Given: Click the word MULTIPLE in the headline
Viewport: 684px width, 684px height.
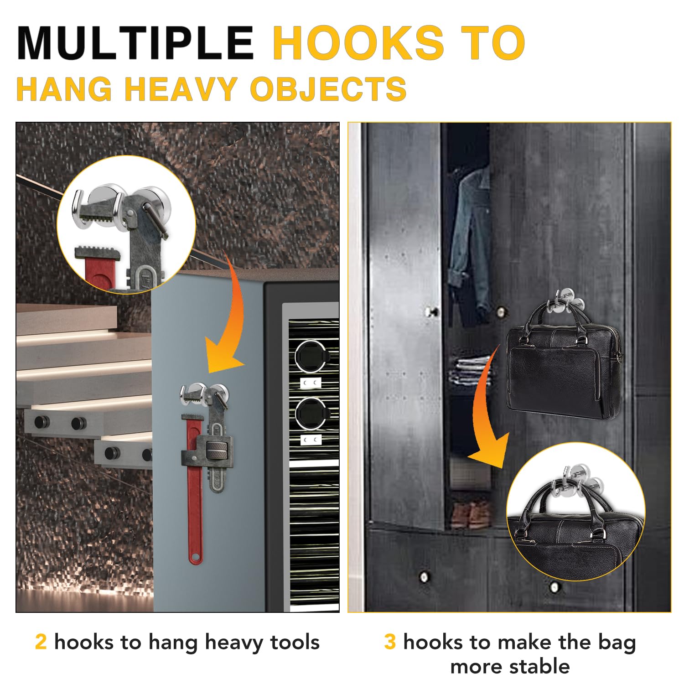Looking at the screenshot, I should pos(135,43).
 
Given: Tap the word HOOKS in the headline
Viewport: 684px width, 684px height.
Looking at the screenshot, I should pos(358,43).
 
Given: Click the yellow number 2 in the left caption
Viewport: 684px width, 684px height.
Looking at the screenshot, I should pos(41,642).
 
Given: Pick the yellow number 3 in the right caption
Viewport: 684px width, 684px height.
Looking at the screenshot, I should pos(390,642).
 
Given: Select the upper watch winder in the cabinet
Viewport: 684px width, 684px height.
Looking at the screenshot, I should pos(310,356).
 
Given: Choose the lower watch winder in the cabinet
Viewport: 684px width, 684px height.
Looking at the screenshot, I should pos(310,413).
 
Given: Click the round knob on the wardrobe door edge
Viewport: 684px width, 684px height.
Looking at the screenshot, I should pos(431,312).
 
